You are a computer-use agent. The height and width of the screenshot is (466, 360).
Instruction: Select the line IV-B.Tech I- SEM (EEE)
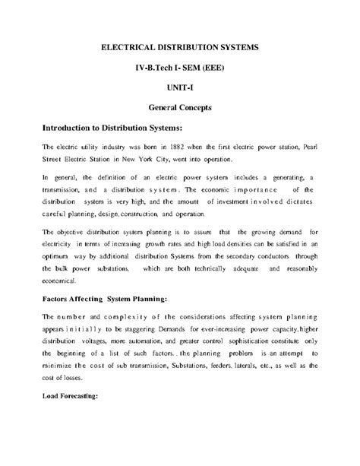[x=180, y=68]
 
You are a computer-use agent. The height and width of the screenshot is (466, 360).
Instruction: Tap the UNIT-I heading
[x=180, y=87]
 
